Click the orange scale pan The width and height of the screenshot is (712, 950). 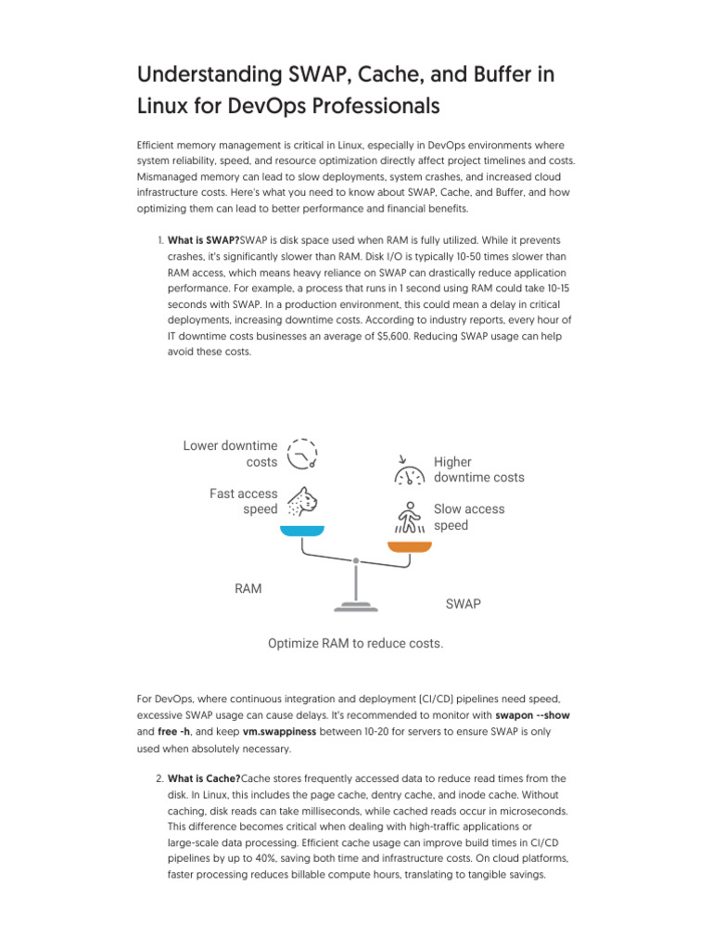(410, 546)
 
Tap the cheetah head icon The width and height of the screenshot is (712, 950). (302, 501)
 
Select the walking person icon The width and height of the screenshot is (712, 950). (409, 518)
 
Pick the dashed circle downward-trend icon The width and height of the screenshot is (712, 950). (302, 454)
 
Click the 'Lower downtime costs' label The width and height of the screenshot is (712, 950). (231, 454)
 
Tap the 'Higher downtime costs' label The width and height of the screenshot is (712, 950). (478, 469)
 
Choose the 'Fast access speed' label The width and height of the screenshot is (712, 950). (243, 501)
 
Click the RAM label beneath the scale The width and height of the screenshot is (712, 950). (248, 588)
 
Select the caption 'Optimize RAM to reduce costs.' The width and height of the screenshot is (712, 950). (355, 643)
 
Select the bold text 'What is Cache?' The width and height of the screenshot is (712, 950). (204, 778)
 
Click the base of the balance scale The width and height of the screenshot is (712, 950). (355, 607)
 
